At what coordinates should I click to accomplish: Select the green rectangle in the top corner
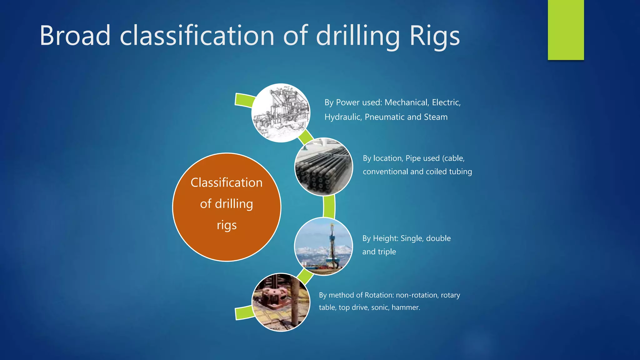pyautogui.click(x=566, y=30)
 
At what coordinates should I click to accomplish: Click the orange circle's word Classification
pyautogui.click(x=227, y=182)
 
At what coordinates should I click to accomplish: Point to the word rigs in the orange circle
pyautogui.click(x=227, y=225)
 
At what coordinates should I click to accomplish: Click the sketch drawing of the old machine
pyautogui.click(x=281, y=113)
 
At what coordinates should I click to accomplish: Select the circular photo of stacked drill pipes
pyautogui.click(x=323, y=167)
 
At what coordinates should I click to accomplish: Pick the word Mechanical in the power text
pyautogui.click(x=406, y=102)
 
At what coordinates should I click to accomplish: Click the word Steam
pyautogui.click(x=436, y=117)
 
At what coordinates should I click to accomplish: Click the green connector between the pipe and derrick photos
pyautogui.click(x=329, y=206)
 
